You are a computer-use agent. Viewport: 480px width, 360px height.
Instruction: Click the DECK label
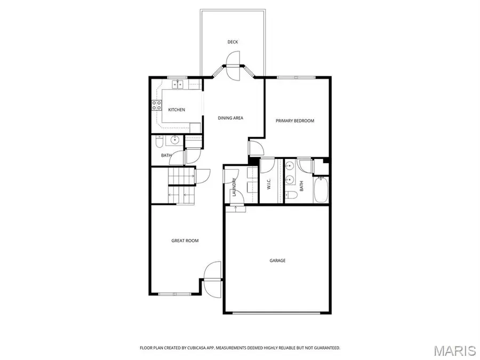(233, 42)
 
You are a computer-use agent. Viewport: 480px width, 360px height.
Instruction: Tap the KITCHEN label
(177, 110)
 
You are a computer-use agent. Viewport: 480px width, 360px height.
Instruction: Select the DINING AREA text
(230, 118)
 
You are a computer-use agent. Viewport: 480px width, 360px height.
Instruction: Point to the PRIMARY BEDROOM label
(295, 121)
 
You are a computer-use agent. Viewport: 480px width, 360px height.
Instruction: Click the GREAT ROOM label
(185, 241)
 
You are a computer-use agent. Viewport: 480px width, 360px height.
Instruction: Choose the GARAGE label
(277, 261)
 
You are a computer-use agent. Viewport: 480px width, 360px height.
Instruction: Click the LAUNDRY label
(234, 187)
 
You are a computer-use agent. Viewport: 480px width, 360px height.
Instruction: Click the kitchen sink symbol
(177, 84)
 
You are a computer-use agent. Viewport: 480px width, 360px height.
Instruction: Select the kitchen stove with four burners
(157, 105)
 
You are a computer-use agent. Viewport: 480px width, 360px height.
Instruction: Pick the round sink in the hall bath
(174, 141)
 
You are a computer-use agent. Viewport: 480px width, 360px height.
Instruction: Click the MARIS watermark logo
(454, 350)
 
